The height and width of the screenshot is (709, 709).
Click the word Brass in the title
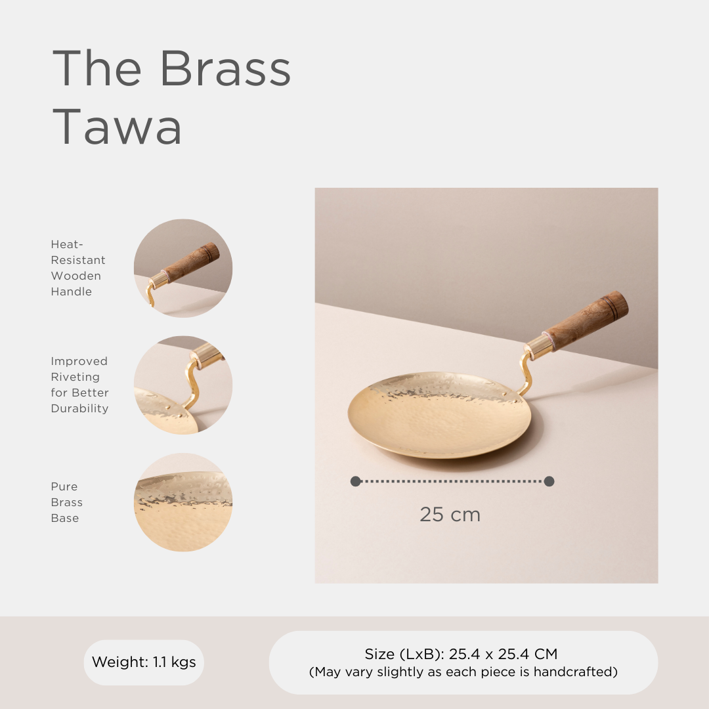pyautogui.click(x=225, y=68)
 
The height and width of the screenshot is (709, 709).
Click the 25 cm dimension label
pyautogui.click(x=450, y=515)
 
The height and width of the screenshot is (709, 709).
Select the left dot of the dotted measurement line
pyautogui.click(x=355, y=481)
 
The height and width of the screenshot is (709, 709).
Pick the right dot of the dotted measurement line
pyautogui.click(x=549, y=481)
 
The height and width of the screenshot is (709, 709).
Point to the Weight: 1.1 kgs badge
pyautogui.click(x=144, y=662)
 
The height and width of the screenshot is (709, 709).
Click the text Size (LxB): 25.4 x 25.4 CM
pyautogui.click(x=461, y=654)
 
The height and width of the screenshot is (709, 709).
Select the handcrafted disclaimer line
pyautogui.click(x=463, y=672)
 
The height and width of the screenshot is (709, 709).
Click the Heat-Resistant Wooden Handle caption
pyautogui.click(x=78, y=268)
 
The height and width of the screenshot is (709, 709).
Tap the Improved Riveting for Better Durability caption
pyautogui.click(x=79, y=385)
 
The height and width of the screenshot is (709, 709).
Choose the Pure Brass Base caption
pyautogui.click(x=67, y=502)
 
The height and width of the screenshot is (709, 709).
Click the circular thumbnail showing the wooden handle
pyautogui.click(x=183, y=268)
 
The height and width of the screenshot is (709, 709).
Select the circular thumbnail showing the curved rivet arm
pyautogui.click(x=183, y=385)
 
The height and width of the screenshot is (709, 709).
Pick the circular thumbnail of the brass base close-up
pyautogui.click(x=183, y=502)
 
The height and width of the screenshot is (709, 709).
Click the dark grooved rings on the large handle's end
pyautogui.click(x=616, y=303)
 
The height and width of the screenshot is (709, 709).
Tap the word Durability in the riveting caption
pyautogui.click(x=79, y=408)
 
